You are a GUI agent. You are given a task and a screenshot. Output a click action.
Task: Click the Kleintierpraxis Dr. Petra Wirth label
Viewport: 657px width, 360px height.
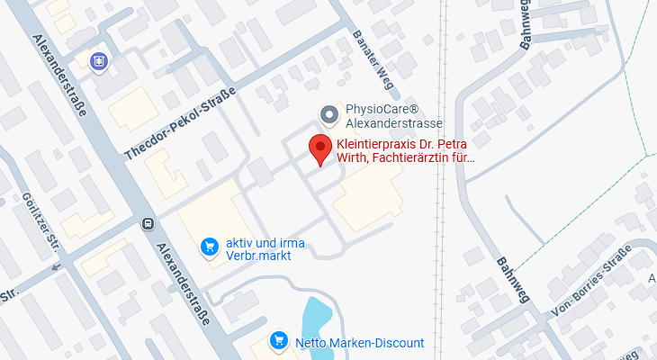[x=404, y=151]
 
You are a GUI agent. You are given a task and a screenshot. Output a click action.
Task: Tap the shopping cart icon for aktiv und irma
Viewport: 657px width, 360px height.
[x=210, y=245]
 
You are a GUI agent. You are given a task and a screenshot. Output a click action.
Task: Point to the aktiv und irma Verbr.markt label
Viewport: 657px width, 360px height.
[x=265, y=247]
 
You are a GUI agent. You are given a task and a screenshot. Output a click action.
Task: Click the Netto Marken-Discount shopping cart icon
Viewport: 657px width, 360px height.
[x=280, y=341]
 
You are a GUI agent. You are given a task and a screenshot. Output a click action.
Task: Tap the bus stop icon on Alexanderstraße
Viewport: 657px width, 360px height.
[x=147, y=223]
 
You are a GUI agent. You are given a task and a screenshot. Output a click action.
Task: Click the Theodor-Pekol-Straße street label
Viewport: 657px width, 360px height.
[x=180, y=124]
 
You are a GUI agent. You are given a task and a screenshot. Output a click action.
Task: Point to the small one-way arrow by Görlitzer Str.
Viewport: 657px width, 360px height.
[x=58, y=266]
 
